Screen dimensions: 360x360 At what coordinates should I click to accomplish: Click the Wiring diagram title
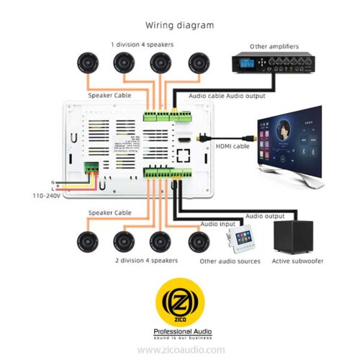pos(180,24)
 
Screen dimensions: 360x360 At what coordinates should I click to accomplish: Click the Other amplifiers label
pos(274,46)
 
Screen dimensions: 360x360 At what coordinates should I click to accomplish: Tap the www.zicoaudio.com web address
pos(180,349)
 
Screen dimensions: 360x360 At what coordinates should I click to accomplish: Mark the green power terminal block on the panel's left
pos(91,169)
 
